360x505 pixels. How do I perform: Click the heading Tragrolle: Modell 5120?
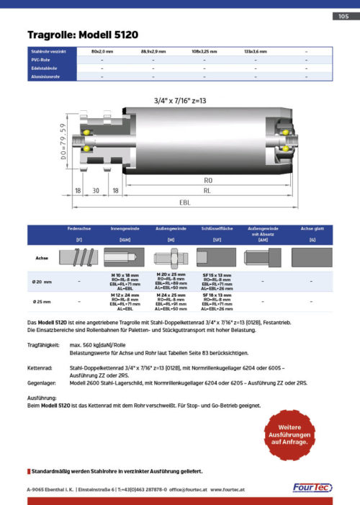pos(83,35)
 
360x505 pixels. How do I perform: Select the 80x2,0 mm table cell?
pos(102,52)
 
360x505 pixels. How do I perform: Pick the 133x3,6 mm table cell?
pos(255,52)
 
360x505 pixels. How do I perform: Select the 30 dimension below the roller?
pos(95,192)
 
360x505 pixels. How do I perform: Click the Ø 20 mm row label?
pos(42,281)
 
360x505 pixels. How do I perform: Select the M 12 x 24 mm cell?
pos(125,295)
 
